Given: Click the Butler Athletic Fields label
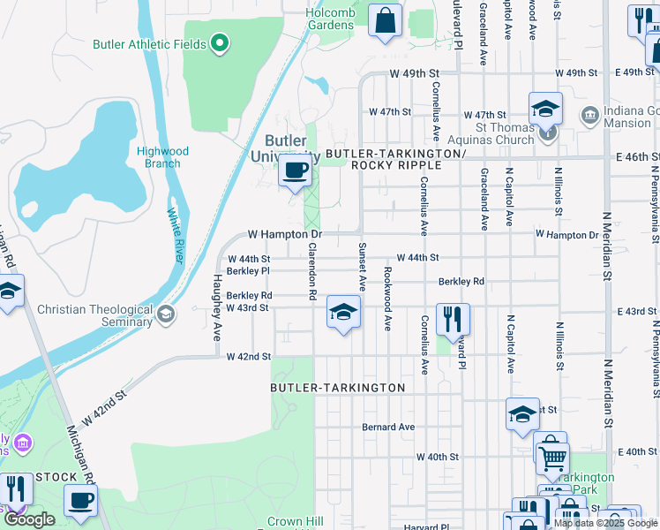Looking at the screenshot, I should (150, 44).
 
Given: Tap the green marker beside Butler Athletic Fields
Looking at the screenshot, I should (220, 42).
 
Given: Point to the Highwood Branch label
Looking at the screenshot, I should (159, 157).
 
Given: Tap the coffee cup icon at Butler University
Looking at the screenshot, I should (295, 170).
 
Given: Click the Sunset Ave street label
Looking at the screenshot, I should (362, 267).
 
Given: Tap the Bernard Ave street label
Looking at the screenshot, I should (387, 427).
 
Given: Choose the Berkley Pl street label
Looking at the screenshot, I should (248, 271).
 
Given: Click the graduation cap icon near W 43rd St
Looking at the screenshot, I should (343, 311).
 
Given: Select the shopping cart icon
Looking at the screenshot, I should (552, 458).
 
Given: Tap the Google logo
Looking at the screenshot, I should (29, 519).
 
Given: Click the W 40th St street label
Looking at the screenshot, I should (438, 457).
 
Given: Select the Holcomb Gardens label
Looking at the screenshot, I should (330, 19).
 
